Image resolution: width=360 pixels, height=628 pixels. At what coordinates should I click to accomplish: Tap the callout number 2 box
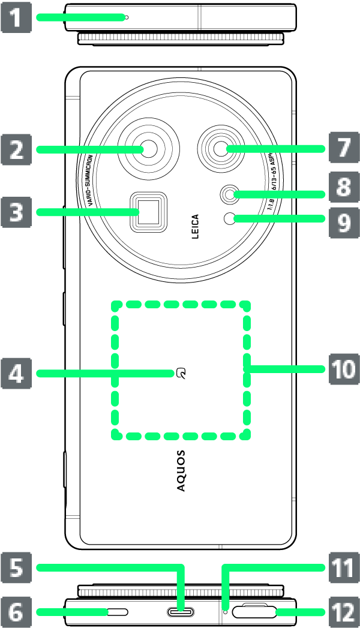[x=15, y=149]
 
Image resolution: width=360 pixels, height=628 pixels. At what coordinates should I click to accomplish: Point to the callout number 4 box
[x=15, y=373]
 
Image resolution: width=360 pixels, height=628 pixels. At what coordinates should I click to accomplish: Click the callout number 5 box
[x=15, y=567]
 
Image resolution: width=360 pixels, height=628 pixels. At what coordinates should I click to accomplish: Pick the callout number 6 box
[x=15, y=612]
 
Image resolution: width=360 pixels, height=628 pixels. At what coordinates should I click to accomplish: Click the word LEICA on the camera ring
[x=194, y=228]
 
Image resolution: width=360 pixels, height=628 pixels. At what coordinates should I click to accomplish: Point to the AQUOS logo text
[x=181, y=471]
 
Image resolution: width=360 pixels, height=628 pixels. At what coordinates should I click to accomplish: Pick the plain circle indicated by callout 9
[x=229, y=219]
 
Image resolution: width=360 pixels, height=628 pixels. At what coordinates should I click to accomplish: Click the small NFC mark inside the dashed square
[x=181, y=373]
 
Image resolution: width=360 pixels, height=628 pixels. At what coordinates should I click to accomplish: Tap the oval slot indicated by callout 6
[x=118, y=612]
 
